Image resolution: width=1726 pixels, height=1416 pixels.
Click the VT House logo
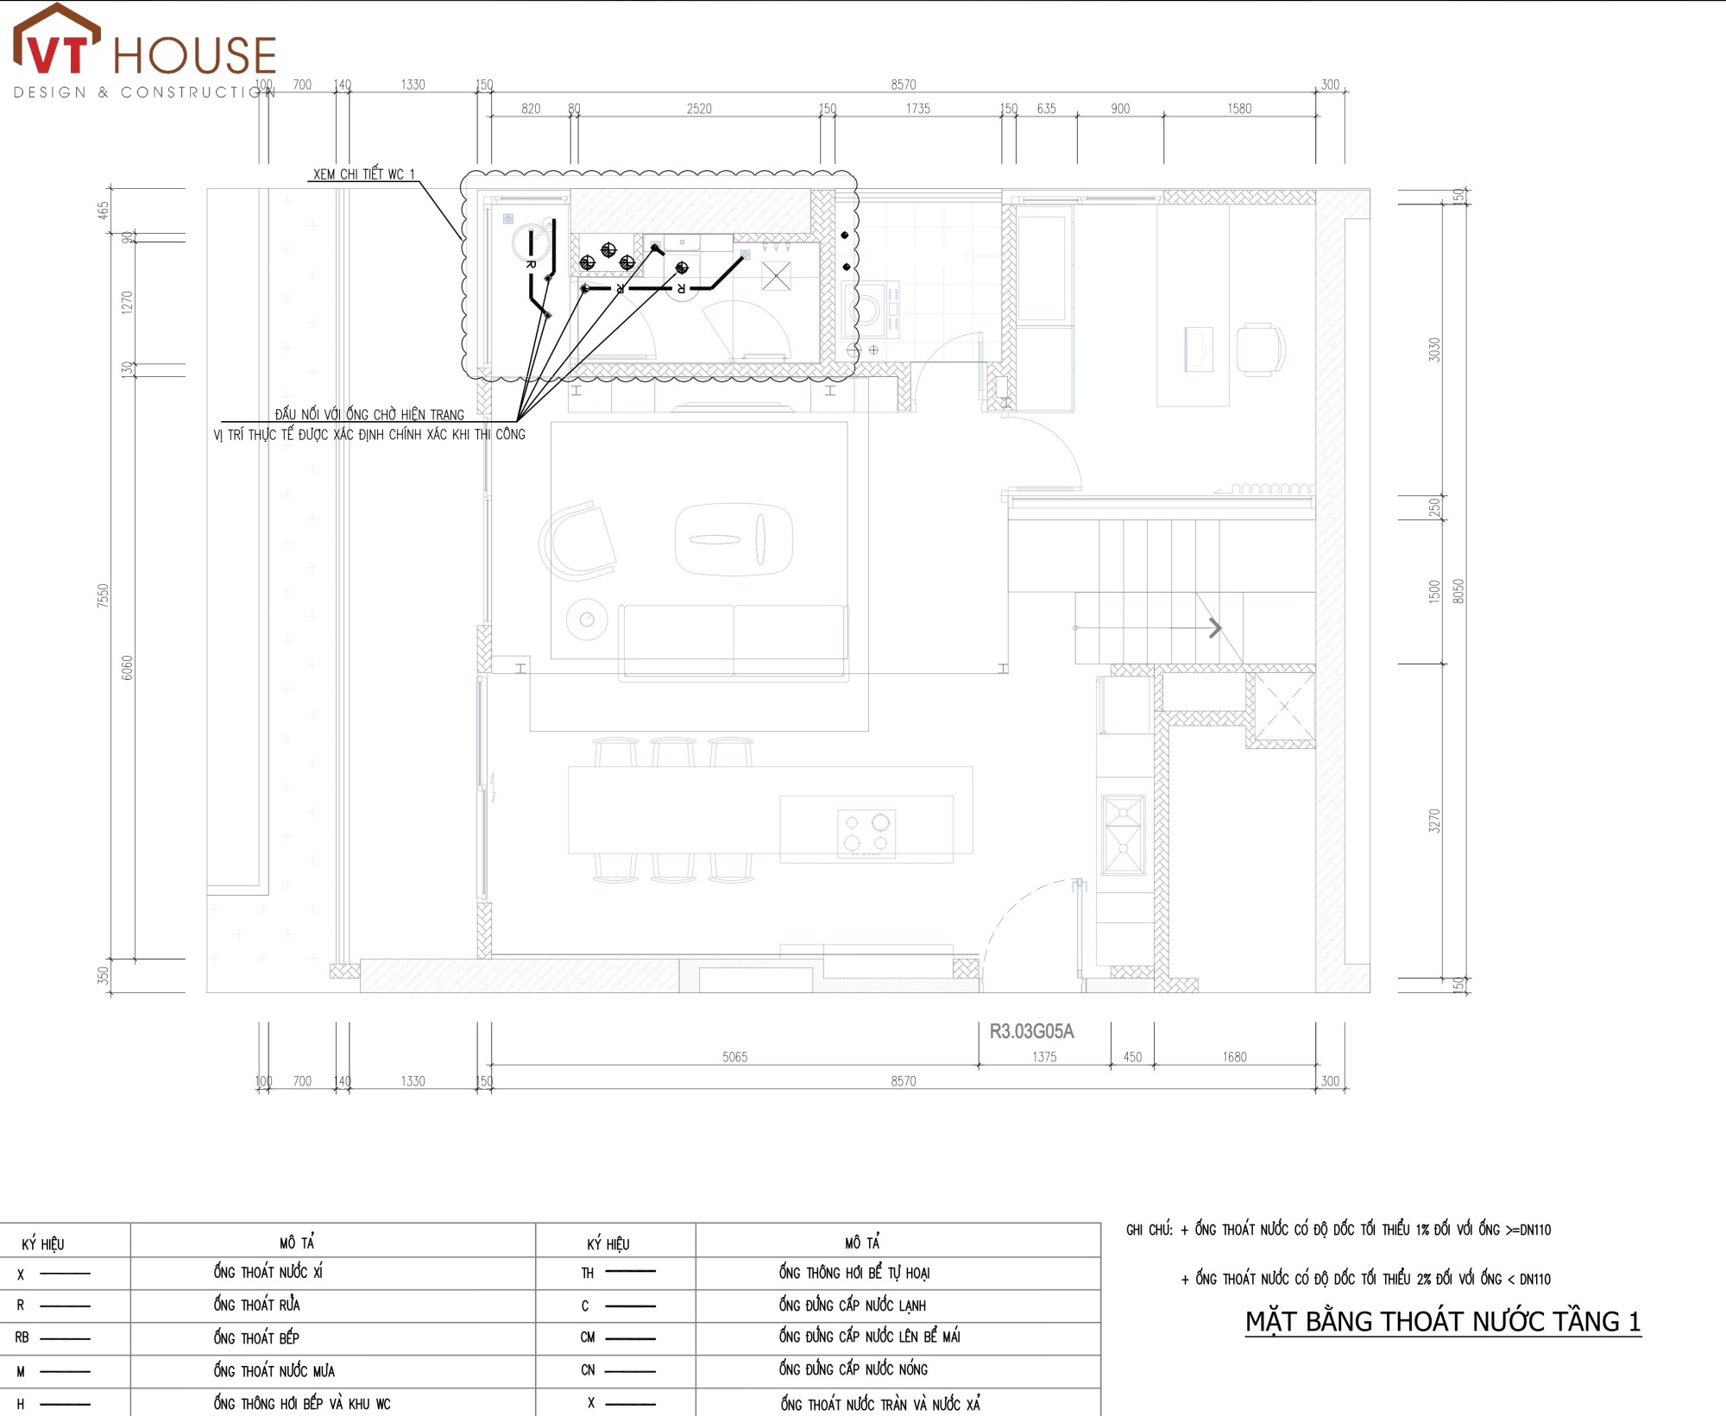(144, 52)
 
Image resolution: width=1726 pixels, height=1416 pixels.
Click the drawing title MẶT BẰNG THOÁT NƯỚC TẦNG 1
(1442, 1321)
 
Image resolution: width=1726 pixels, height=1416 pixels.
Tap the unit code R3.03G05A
(1031, 1031)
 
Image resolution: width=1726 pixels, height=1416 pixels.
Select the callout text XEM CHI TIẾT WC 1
(363, 173)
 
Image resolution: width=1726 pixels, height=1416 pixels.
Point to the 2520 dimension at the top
(699, 109)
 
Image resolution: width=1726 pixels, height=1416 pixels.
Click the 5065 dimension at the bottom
(734, 1057)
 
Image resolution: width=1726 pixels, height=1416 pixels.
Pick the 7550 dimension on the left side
(104, 595)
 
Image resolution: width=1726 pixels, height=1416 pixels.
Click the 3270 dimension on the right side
(1434, 820)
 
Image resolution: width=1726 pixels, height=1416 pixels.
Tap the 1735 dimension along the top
(918, 109)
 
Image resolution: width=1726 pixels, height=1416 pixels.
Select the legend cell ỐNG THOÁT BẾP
(256, 1337)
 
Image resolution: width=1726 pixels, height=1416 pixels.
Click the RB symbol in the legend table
(22, 1337)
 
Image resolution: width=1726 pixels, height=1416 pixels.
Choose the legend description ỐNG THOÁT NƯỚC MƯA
(274, 1370)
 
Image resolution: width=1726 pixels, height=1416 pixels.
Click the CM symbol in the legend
(588, 1337)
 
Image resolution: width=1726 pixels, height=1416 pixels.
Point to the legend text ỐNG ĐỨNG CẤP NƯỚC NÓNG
(854, 1369)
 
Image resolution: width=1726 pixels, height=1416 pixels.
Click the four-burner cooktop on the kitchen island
(866, 833)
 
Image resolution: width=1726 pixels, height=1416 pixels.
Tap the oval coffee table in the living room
(734, 539)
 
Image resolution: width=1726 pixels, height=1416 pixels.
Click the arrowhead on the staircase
(1215, 627)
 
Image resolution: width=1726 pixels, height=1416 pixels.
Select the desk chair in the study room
(1261, 349)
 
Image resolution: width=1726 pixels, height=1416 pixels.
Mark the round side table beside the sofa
(587, 620)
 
